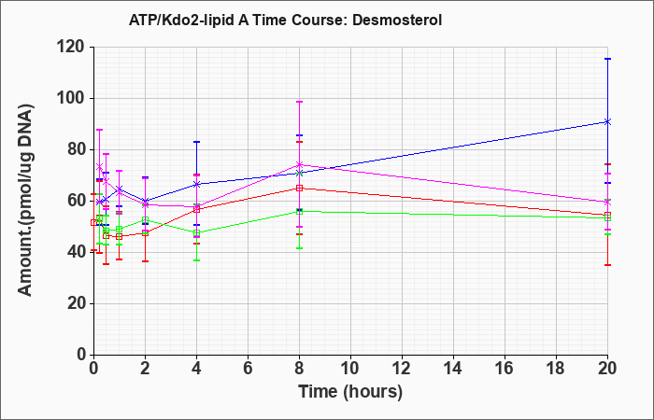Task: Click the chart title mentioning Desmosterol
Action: pyautogui.click(x=285, y=20)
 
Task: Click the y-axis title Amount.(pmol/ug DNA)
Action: pyautogui.click(x=25, y=200)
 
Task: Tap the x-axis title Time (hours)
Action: pyautogui.click(x=350, y=392)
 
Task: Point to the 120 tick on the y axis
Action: pyautogui.click(x=75, y=48)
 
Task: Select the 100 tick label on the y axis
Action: pyautogui.click(x=75, y=99)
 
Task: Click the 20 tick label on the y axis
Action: pyautogui.click(x=78, y=303)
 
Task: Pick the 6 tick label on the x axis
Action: pyautogui.click(x=248, y=369)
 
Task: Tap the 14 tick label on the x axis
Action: pyautogui.click(x=453, y=369)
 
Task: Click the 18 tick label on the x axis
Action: pyautogui.click(x=557, y=369)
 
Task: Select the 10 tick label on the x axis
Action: pyautogui.click(x=350, y=369)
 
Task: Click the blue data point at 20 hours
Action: pyautogui.click(x=607, y=121)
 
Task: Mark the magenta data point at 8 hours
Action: pyautogui.click(x=299, y=164)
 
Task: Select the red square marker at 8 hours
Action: pyautogui.click(x=299, y=188)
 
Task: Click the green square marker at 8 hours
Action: pyautogui.click(x=299, y=212)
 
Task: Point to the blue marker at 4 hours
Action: pyautogui.click(x=196, y=184)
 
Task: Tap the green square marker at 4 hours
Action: pyautogui.click(x=196, y=233)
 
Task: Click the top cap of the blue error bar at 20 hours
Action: pyautogui.click(x=607, y=59)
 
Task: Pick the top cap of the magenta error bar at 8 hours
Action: pyautogui.click(x=299, y=102)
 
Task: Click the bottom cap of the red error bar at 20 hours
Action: pyautogui.click(x=607, y=265)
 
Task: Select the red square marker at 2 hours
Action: pyautogui.click(x=145, y=233)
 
